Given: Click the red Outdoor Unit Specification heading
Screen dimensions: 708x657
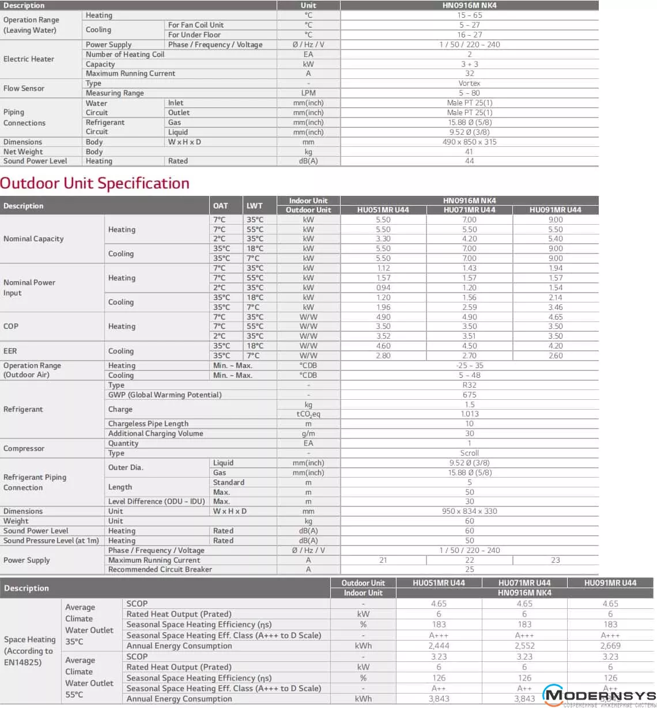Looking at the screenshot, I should pyautogui.click(x=95, y=183).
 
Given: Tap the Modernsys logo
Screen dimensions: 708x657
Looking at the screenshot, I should pyautogui.click(x=600, y=696).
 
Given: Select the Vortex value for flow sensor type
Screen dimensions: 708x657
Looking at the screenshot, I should pyautogui.click(x=469, y=83).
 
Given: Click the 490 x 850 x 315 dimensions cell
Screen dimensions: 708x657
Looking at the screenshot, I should pyautogui.click(x=469, y=142).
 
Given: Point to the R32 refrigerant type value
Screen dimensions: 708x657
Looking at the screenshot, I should pyautogui.click(x=469, y=385).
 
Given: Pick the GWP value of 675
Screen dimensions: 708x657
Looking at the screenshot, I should pyautogui.click(x=469, y=395).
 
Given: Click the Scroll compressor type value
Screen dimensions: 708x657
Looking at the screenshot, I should pyautogui.click(x=469, y=453).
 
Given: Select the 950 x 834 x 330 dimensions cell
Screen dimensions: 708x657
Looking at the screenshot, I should pyautogui.click(x=469, y=511).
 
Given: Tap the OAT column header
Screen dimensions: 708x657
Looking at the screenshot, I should pyautogui.click(x=220, y=205).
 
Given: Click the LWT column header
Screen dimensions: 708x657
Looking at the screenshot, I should pyautogui.click(x=254, y=205).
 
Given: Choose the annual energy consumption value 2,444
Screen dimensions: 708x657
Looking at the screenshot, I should pyautogui.click(x=439, y=646).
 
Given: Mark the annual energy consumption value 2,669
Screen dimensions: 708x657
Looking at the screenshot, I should pyautogui.click(x=610, y=646).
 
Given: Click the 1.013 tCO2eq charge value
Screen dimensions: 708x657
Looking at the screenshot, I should pyautogui.click(x=469, y=414).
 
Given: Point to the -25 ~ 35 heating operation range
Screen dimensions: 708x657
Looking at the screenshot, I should pyautogui.click(x=469, y=365).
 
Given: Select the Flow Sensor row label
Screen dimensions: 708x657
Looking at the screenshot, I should pyautogui.click(x=24, y=88).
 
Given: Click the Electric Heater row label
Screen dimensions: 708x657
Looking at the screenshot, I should pyautogui.click(x=29, y=59).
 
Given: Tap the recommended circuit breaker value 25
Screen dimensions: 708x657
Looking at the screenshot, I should pyautogui.click(x=469, y=569).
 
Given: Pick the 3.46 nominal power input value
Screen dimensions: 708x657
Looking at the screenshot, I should pyautogui.click(x=556, y=307).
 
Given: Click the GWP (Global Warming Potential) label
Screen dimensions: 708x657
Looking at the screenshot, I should pyautogui.click(x=165, y=395).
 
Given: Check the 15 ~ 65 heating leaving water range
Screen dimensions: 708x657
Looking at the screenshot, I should pyautogui.click(x=469, y=16).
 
